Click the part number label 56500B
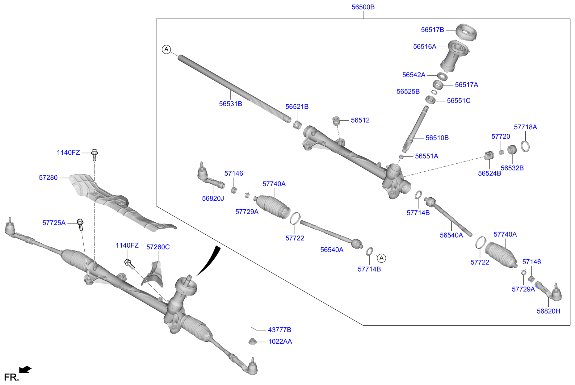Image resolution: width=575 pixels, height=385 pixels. point(363,7)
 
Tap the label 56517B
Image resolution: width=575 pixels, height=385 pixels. point(432,30)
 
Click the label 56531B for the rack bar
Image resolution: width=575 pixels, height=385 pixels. point(230,104)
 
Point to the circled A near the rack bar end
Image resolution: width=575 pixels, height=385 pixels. point(166,49)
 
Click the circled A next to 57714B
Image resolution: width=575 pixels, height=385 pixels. point(382,258)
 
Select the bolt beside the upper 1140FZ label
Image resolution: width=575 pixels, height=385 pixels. point(95,155)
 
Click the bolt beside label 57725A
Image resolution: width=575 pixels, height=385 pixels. point(80,224)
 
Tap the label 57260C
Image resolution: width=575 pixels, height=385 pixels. point(158,247)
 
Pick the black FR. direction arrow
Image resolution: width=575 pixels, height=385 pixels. point(25,370)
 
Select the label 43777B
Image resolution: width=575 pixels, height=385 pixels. point(279,330)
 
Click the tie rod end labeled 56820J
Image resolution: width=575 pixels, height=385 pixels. point(208,178)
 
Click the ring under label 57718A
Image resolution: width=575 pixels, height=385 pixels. point(525,146)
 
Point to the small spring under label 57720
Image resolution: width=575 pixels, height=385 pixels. point(502,152)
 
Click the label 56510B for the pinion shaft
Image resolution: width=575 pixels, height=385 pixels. point(437,138)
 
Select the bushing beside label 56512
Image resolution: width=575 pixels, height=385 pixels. point(336,121)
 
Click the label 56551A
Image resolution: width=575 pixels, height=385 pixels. point(426,157)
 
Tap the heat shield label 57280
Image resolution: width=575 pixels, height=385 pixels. point(48,178)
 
